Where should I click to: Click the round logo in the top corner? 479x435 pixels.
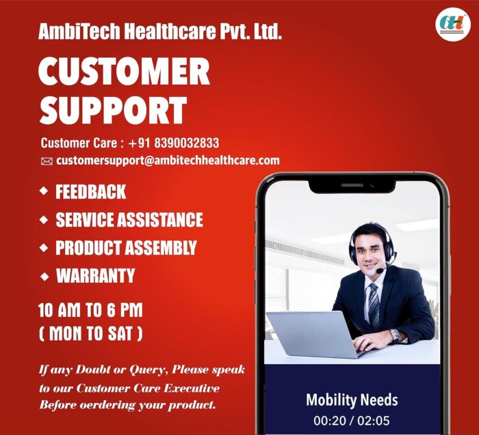tap(453, 25)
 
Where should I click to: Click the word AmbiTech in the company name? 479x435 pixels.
tap(79, 31)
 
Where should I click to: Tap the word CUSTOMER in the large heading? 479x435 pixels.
tap(124, 71)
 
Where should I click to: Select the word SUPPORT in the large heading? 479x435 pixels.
tap(113, 110)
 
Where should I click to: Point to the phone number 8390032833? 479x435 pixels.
tap(187, 143)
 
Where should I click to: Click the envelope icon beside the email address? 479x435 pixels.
tap(47, 161)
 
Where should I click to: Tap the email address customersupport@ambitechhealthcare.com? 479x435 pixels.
tap(168, 160)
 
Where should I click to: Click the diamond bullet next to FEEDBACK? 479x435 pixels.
tap(44, 191)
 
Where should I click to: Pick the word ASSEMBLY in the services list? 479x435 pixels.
tap(161, 247)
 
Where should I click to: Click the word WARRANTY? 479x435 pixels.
tap(95, 276)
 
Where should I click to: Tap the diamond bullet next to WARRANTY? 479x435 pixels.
tap(44, 277)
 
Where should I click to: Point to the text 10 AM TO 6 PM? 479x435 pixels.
tap(90, 310)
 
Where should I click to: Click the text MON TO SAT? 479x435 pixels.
tap(91, 333)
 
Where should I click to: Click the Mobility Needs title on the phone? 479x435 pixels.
tap(352, 400)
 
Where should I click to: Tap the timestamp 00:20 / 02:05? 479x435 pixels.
tap(352, 421)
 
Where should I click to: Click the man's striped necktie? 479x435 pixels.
tap(374, 307)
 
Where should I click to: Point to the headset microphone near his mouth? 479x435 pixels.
tap(380, 270)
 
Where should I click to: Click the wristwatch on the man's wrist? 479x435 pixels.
tap(395, 335)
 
